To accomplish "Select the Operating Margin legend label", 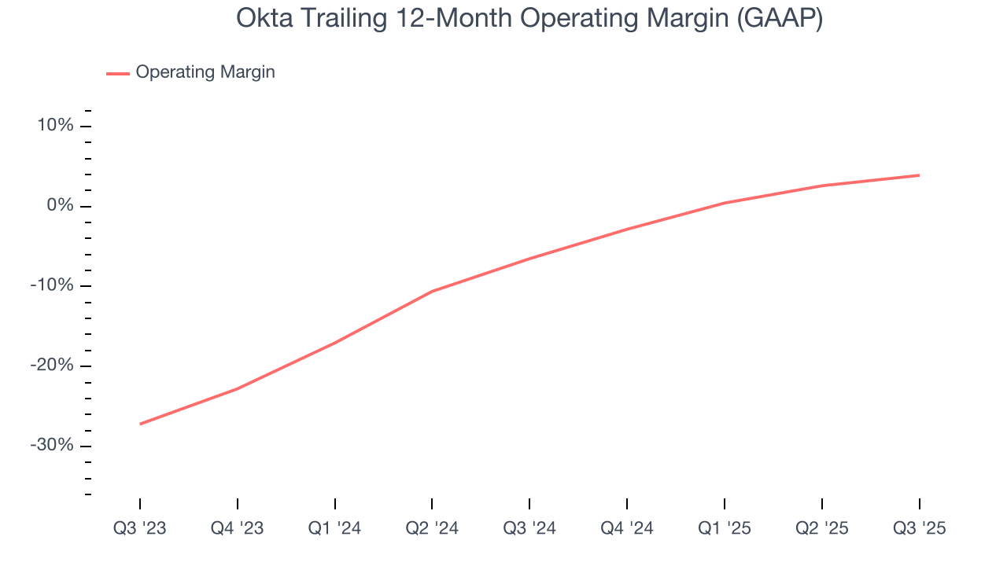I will pyautogui.click(x=205, y=72).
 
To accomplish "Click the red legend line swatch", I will pyautogui.click(x=118, y=73).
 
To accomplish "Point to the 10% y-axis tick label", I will pyautogui.click(x=54, y=126).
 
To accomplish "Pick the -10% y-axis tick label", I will pyautogui.click(x=52, y=285).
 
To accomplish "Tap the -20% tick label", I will pyautogui.click(x=52, y=366).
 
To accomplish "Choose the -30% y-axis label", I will pyautogui.click(x=52, y=445).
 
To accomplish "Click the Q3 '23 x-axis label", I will pyautogui.click(x=140, y=528).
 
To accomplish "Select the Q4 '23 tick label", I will pyautogui.click(x=238, y=528).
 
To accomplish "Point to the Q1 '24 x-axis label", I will pyautogui.click(x=335, y=528).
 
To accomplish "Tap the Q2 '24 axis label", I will pyautogui.click(x=432, y=528).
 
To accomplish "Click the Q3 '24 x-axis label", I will pyautogui.click(x=529, y=528).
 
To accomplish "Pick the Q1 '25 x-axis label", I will pyautogui.click(x=725, y=528).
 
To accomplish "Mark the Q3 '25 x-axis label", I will pyautogui.click(x=919, y=528).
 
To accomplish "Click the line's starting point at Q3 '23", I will pyautogui.click(x=140, y=424).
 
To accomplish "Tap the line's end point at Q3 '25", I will pyautogui.click(x=919, y=175).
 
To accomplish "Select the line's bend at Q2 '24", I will pyautogui.click(x=432, y=291).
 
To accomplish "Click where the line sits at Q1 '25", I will pyautogui.click(x=725, y=203).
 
